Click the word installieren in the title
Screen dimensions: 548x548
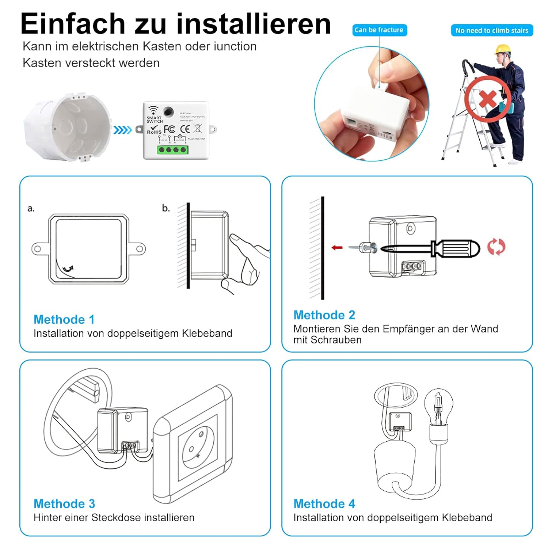coord(253,24)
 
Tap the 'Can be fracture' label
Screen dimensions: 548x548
coord(379,30)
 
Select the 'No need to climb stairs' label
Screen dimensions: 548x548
coord(492,30)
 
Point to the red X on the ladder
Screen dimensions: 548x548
coord(487,99)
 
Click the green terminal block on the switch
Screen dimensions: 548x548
coord(172,150)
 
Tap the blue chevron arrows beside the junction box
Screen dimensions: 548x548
coord(122,130)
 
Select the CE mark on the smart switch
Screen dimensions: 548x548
coord(185,129)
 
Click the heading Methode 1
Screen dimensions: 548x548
coord(64,319)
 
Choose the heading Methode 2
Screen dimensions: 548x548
coord(324,315)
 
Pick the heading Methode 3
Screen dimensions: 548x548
coord(64,504)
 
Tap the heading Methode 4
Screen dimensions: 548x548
coord(324,504)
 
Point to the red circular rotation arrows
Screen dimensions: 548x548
coord(496,247)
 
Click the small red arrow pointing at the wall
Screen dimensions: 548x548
coord(337,248)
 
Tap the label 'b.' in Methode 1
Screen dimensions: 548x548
coord(166,208)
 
